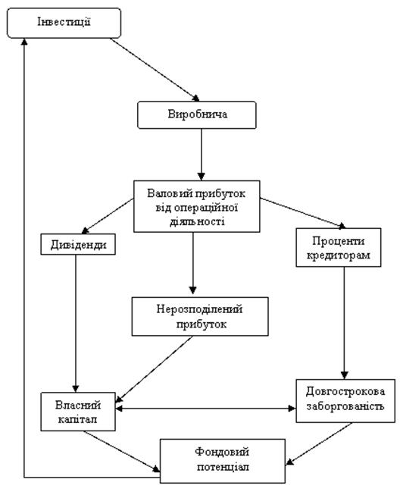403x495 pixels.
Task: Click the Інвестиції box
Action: [x=64, y=23]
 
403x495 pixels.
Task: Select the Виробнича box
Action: [x=197, y=115]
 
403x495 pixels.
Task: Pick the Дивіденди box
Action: [x=78, y=244]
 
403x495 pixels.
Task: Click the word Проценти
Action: [x=339, y=241]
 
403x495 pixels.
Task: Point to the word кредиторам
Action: [x=339, y=255]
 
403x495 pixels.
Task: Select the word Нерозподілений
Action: [x=199, y=309]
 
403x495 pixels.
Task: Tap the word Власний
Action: [x=78, y=405]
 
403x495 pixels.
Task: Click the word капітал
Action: [x=77, y=419]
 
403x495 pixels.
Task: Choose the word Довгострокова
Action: [x=345, y=392]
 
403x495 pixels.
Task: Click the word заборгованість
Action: [x=345, y=406]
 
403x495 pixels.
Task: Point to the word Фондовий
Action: [x=222, y=452]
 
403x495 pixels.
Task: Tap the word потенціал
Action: [x=223, y=467]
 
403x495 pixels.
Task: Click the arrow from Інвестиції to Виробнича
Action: [x=155, y=70]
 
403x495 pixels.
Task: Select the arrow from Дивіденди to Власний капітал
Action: [x=76, y=323]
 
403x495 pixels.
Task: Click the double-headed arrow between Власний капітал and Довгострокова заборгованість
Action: [x=206, y=409]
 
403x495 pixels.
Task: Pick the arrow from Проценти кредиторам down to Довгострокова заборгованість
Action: [x=345, y=323]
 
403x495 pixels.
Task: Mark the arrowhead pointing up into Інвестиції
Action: [x=24, y=42]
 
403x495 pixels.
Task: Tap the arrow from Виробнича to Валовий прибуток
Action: [x=202, y=155]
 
